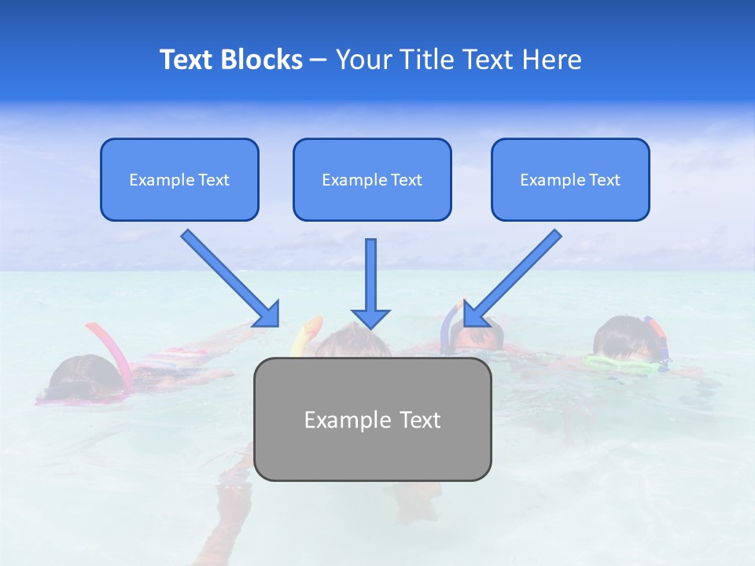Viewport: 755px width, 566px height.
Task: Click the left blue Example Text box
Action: pos(179,179)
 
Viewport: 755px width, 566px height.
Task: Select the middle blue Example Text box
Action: pos(372,179)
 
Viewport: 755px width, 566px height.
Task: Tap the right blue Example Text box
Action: pos(570,179)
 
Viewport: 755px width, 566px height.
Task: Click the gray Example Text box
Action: pos(372,419)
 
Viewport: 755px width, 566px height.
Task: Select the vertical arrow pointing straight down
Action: pos(370,283)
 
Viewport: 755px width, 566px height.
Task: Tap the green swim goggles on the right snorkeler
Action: pos(621,362)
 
